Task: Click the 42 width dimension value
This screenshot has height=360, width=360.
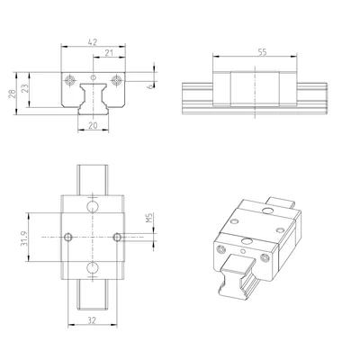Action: (93, 42)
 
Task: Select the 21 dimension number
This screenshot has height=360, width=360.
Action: (109, 53)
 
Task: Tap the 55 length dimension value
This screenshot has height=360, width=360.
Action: (262, 52)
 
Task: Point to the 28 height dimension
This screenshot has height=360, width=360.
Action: (12, 94)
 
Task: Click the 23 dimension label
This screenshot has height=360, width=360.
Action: (25, 88)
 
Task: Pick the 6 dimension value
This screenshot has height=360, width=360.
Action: (149, 86)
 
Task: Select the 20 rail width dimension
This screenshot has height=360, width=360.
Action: (93, 125)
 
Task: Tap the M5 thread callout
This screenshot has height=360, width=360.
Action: (149, 218)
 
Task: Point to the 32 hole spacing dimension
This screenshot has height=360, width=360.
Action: (92, 320)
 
